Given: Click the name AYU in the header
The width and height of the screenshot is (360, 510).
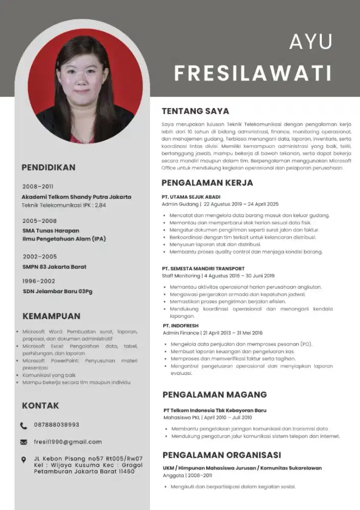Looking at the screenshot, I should pos(311,42).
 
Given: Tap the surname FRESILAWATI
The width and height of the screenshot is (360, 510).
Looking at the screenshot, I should pos(253,73).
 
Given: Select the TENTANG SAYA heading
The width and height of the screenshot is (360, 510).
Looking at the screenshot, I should pos(195,111).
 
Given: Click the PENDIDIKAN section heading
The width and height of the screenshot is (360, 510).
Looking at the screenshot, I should pos(48,167).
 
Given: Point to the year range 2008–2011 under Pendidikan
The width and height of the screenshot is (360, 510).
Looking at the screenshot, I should pos(38,187).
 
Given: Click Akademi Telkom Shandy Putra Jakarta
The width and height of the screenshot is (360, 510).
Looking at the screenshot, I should pos(76,197).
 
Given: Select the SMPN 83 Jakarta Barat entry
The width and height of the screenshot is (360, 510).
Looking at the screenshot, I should pos(55,267).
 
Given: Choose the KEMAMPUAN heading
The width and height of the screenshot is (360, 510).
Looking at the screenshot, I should pos(51,316).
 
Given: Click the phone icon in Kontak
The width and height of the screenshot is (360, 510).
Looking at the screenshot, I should pos(24,425).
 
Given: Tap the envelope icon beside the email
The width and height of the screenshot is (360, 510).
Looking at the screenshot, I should pos(24,442).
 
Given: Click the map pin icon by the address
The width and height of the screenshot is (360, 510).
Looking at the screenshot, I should pos(24,460).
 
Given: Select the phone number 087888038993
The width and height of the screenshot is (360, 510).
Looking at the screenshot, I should pos(57,425).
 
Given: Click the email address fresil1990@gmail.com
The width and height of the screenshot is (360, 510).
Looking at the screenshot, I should pos(68,442).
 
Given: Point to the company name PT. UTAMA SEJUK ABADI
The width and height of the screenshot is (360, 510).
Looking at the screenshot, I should pos(191,197).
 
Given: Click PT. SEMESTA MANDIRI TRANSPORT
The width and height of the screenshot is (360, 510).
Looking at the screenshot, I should pos(203,268).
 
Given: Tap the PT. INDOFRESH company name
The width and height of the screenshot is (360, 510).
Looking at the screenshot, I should pos(181,325).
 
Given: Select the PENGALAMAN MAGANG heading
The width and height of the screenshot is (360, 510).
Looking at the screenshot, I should pos(215,395).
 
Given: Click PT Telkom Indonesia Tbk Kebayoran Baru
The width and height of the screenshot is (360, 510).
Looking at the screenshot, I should pos(215,410).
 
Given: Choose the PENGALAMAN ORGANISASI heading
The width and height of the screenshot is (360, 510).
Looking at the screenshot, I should pos(222,455).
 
